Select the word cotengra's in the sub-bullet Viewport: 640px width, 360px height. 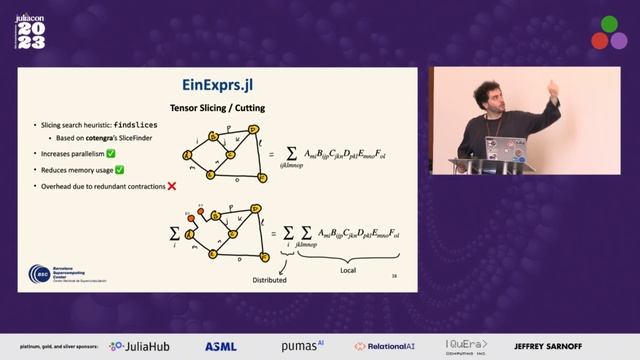click(x=97, y=137)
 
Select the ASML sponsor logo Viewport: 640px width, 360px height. click(x=220, y=346)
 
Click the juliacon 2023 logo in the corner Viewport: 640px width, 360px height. click(x=31, y=31)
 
